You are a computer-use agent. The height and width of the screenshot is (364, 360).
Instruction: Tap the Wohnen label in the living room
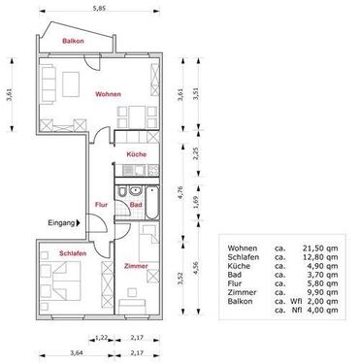click(x=108, y=93)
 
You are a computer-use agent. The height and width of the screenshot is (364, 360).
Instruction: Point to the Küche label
click(x=136, y=154)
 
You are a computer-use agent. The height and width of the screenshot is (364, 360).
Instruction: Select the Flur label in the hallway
click(x=100, y=204)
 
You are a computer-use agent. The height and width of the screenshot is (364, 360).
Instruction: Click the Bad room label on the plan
click(x=136, y=204)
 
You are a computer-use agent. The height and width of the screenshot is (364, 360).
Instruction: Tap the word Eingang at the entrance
click(x=62, y=222)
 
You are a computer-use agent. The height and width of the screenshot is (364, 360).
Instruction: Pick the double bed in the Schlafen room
click(x=62, y=284)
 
